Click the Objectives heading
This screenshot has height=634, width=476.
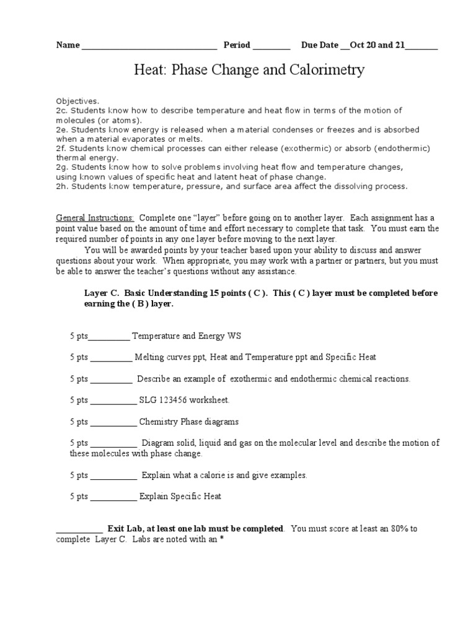click(x=77, y=101)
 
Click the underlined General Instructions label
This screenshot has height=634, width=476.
click(x=95, y=218)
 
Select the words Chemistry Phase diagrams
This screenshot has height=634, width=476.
click(x=188, y=422)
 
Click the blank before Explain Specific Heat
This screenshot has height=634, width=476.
click(x=114, y=497)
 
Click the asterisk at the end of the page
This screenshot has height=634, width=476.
click(x=221, y=539)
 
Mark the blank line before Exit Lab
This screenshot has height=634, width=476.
click(x=79, y=530)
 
